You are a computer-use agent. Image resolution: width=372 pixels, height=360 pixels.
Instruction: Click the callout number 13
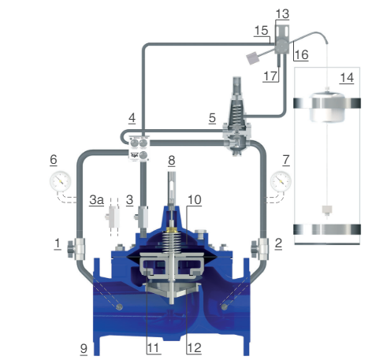click(282, 13)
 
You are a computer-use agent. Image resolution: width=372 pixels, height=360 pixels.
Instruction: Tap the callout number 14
click(347, 78)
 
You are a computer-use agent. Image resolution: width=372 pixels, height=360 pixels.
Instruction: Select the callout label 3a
click(96, 200)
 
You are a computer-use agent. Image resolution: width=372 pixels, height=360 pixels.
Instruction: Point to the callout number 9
click(84, 349)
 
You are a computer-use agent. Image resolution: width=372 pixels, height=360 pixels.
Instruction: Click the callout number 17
click(270, 76)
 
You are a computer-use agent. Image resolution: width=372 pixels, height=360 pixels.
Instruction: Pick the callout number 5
click(212, 118)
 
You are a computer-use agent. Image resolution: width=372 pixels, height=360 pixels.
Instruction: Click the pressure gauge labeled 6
click(61, 181)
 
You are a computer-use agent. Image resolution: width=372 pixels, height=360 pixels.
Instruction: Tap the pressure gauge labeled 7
click(281, 181)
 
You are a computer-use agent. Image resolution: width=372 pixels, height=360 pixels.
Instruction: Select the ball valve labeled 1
click(76, 249)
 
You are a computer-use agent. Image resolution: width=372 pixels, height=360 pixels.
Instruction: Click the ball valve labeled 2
click(260, 249)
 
